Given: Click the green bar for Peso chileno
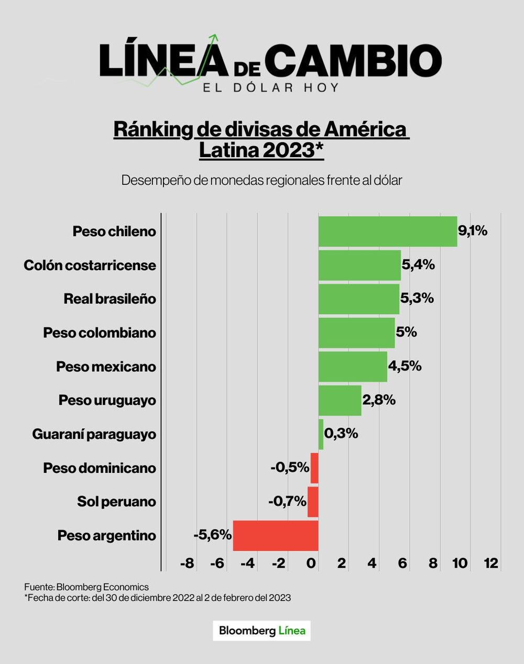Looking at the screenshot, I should [x=388, y=231].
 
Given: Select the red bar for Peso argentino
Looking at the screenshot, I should [x=276, y=535].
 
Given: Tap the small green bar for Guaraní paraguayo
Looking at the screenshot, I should [x=321, y=434].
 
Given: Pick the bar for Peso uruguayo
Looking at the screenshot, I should [x=340, y=400].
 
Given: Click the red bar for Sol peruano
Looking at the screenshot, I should [x=313, y=502].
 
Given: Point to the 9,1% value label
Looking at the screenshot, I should [x=473, y=230].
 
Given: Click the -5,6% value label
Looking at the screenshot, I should [x=212, y=535].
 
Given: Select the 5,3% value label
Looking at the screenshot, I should [x=417, y=298].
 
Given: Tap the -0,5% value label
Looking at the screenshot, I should [x=290, y=467].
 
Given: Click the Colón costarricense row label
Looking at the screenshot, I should [x=90, y=265].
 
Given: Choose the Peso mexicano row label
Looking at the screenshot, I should [x=106, y=367].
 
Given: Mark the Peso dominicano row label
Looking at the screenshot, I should [x=100, y=468].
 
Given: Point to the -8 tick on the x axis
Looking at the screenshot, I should [x=187, y=563].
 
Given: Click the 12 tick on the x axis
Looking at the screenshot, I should [x=491, y=563].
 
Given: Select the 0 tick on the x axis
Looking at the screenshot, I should [x=311, y=563].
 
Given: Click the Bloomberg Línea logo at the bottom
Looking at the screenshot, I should [x=261, y=630].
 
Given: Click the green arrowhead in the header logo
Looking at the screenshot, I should [x=213, y=38].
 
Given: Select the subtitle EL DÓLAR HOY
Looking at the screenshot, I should [x=271, y=87].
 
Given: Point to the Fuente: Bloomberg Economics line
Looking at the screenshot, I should [x=86, y=587].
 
